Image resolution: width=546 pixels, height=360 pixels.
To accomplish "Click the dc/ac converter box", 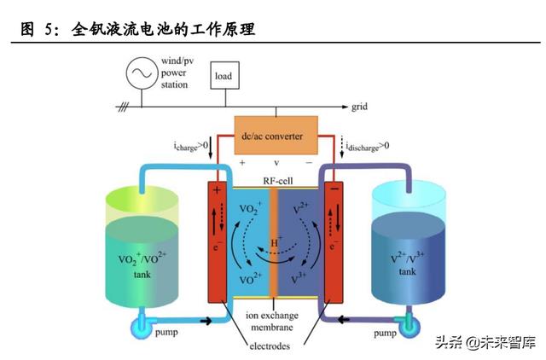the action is click(276, 135).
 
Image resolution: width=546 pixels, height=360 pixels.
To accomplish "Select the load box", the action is click(224, 75).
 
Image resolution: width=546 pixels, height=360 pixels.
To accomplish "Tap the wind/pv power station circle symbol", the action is click(142, 73).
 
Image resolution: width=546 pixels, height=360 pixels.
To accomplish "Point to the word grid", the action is click(359, 107).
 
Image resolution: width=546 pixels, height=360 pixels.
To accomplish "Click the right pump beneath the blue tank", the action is click(408, 325).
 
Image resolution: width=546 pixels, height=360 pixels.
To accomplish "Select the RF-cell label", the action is click(278, 181).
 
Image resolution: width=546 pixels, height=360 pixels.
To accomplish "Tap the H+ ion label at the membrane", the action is click(276, 242).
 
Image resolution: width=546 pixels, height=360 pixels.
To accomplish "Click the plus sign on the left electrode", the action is click(217, 190).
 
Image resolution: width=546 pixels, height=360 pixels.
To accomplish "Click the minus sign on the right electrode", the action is click(334, 189).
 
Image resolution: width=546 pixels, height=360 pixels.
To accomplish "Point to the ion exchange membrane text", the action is click(272, 321).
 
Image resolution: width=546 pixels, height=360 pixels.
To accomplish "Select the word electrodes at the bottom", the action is click(270, 345).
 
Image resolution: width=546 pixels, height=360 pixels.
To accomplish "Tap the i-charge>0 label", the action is click(191, 145).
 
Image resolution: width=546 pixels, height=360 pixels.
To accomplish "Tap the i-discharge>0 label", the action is click(368, 146).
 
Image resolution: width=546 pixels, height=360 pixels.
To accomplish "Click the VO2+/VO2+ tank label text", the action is click(142, 265).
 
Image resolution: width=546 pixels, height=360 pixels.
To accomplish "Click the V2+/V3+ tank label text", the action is click(407, 264).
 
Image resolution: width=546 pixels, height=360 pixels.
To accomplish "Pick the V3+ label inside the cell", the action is click(298, 278).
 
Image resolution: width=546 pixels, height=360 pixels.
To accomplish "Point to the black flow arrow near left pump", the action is click(206, 321).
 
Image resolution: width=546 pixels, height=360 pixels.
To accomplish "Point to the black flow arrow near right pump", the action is click(344, 319).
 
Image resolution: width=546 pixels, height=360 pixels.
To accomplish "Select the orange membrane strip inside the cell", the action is click(274, 242).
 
